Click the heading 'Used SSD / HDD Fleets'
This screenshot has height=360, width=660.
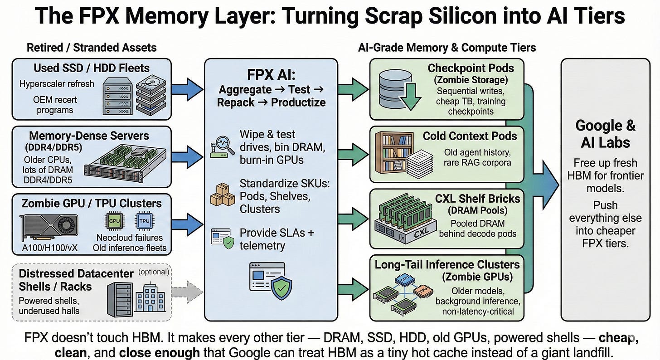(x=92, y=68)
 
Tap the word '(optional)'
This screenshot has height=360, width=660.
(x=154, y=272)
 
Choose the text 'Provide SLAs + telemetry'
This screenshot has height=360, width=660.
(x=277, y=239)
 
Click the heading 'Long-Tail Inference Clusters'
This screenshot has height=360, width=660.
(x=447, y=264)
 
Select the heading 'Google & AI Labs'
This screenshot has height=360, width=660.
(x=605, y=134)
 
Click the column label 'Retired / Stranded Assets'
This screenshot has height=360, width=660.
(x=92, y=47)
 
